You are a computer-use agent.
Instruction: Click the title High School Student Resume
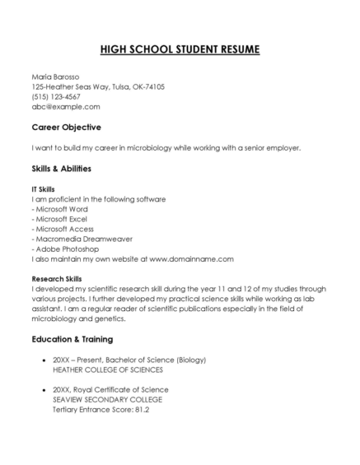(180, 49)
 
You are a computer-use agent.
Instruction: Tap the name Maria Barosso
(56, 77)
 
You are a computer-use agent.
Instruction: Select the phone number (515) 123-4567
(56, 96)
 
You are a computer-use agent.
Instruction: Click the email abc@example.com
(66, 106)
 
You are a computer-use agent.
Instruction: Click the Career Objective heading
(66, 128)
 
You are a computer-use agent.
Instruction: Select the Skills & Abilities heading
(61, 169)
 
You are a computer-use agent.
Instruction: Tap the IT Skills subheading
(43, 189)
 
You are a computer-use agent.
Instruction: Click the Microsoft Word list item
(62, 209)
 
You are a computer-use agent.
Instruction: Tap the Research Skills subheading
(57, 279)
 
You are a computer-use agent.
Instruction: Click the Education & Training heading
(72, 339)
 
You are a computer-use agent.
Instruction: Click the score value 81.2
(142, 409)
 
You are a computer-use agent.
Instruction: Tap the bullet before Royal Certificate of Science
(42, 390)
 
